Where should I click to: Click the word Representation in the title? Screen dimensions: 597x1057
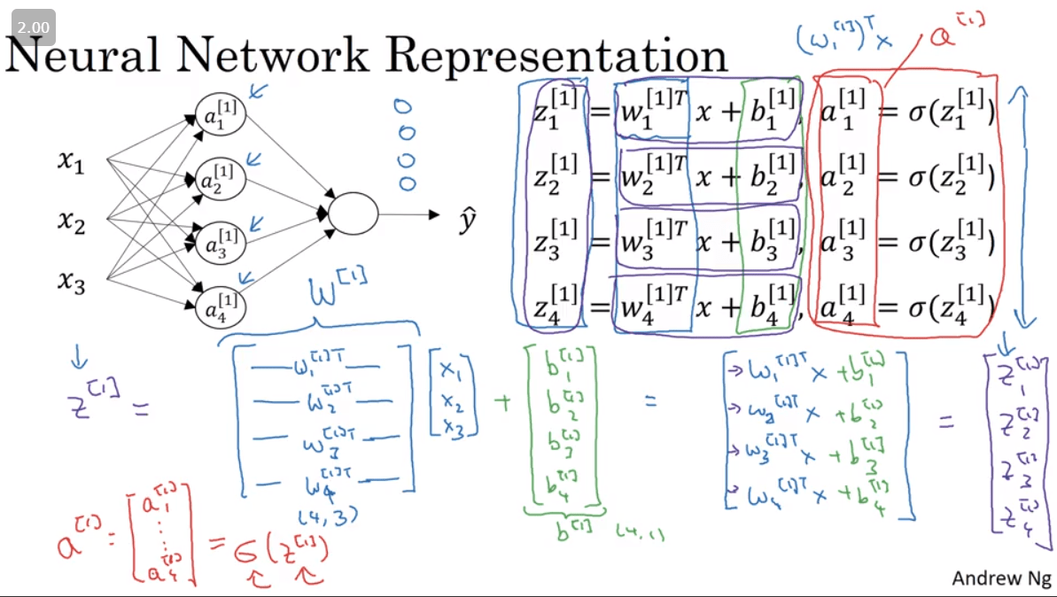coord(558,55)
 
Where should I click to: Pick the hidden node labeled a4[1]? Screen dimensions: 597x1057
coord(221,309)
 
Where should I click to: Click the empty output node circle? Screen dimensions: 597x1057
coord(353,213)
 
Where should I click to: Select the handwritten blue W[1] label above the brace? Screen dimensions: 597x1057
coord(337,291)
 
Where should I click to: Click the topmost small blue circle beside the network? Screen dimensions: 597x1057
coord(403,107)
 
